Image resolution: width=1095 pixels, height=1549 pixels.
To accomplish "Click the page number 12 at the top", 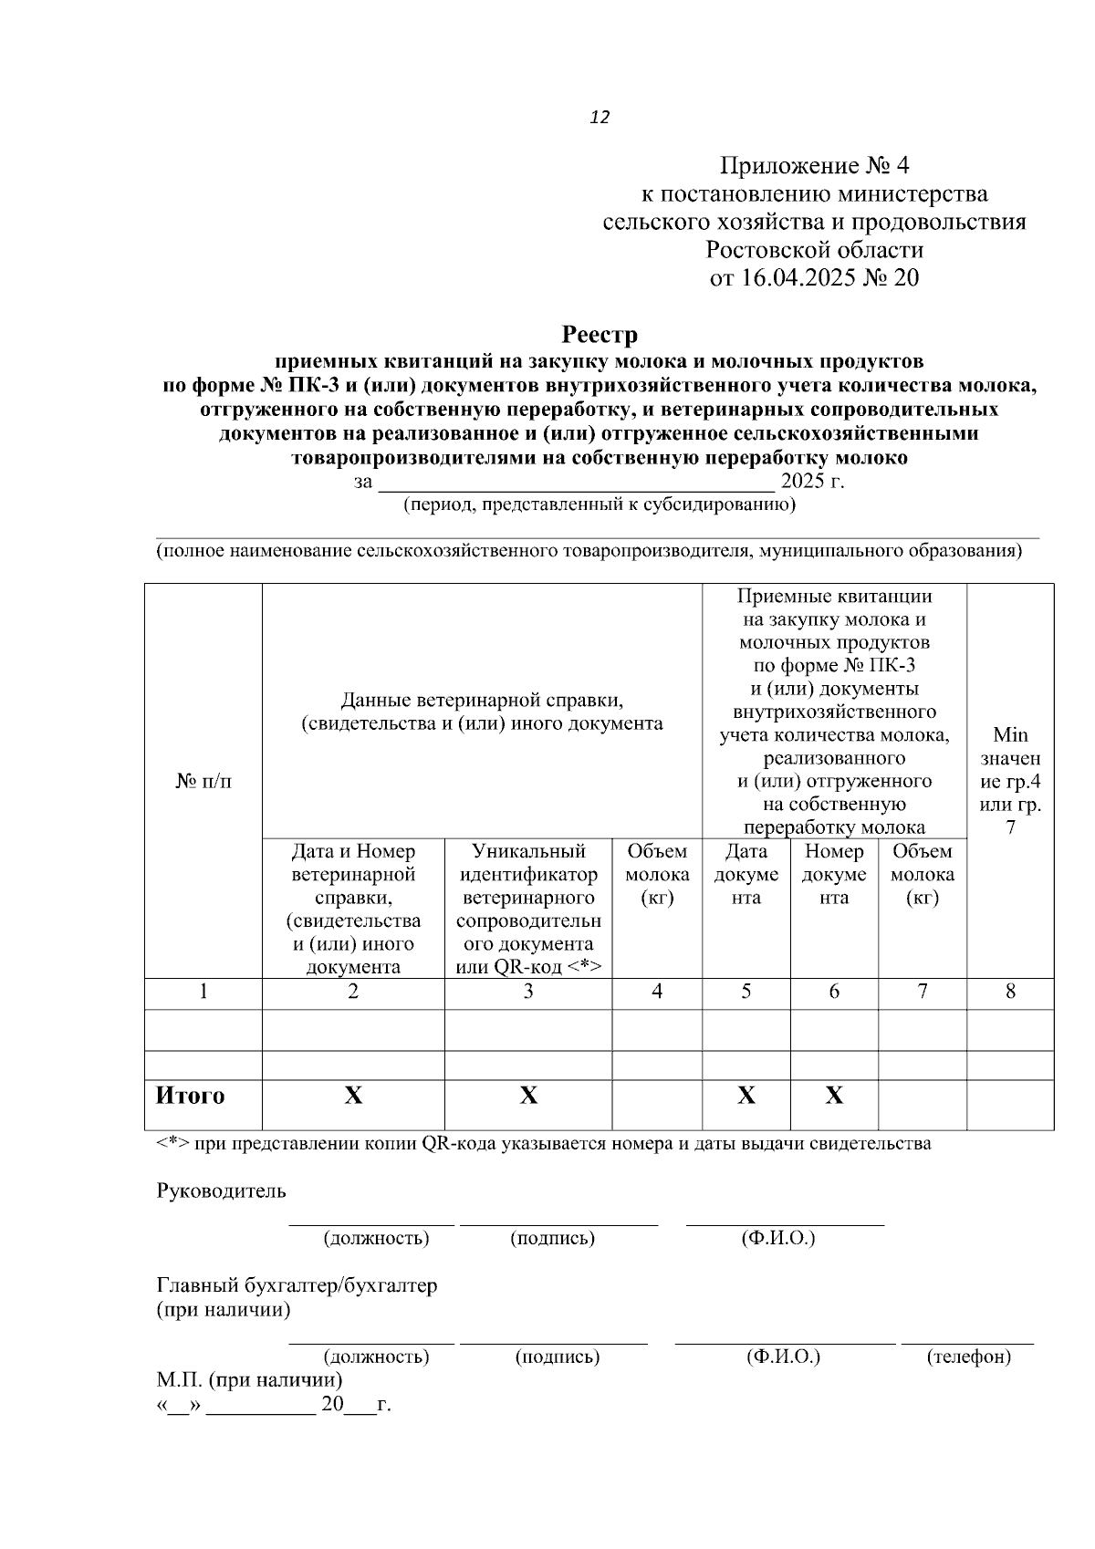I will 600,118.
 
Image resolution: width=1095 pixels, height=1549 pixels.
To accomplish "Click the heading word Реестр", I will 600,335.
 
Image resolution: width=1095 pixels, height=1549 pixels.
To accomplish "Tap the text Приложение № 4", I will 814,166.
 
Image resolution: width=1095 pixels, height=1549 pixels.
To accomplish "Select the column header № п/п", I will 203,782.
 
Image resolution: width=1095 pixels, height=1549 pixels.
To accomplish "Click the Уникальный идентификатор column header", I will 528,909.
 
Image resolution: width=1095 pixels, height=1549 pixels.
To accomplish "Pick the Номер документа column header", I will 834,874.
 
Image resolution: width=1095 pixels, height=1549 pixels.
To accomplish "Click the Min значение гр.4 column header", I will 1010,781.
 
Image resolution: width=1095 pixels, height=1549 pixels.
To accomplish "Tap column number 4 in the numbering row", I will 657,992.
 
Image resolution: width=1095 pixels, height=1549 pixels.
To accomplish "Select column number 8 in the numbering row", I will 1010,992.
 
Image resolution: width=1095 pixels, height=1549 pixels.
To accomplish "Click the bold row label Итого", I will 190,1096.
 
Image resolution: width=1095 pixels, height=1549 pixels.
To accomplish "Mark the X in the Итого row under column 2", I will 353,1096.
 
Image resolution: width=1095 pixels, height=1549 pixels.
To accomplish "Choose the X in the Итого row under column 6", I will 834,1096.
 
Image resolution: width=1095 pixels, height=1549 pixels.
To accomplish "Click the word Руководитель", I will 222,1190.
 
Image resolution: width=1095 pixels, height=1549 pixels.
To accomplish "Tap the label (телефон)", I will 968,1357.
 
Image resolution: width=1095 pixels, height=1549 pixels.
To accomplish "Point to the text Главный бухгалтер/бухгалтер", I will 297,1285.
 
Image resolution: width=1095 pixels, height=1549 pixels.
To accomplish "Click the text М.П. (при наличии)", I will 250,1379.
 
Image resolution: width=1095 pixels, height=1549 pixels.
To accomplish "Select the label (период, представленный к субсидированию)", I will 600,504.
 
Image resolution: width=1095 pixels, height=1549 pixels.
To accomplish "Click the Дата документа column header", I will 746,874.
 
